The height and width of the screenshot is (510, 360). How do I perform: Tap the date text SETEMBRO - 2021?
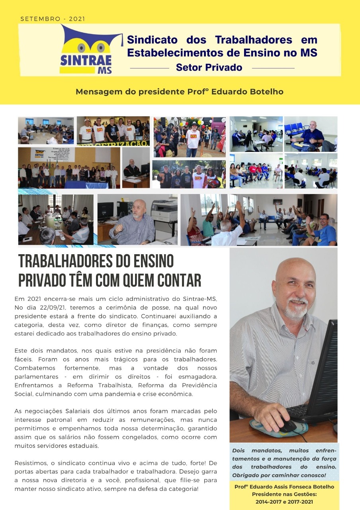(53, 19)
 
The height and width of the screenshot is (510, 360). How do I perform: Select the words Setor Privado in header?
(209, 67)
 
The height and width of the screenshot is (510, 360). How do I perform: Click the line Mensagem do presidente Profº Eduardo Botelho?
(180, 92)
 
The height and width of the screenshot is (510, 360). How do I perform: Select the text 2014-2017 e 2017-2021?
(284, 502)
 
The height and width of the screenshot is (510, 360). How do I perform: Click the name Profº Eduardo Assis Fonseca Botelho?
(284, 487)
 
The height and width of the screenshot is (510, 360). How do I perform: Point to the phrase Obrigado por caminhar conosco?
(279, 475)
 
